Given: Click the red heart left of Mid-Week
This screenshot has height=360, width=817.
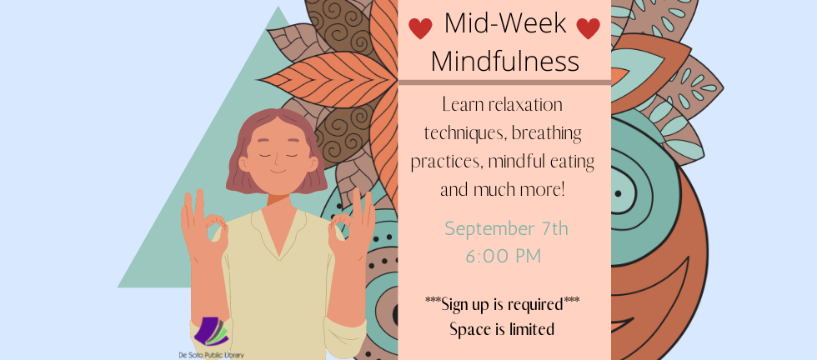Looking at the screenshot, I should pyautogui.click(x=420, y=29).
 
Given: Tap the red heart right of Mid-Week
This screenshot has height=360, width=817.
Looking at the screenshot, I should pyautogui.click(x=588, y=29).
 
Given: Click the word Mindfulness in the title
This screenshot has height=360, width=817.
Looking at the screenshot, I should pyautogui.click(x=504, y=61).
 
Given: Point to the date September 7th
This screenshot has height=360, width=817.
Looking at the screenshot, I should pyautogui.click(x=506, y=227).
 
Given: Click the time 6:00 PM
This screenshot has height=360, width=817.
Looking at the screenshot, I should pyautogui.click(x=503, y=256).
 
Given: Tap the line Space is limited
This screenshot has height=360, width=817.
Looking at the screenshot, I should pyautogui.click(x=502, y=329).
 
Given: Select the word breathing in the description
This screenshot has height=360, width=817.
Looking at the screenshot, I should pyautogui.click(x=547, y=132).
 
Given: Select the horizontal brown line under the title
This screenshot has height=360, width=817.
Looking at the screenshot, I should pyautogui.click(x=504, y=82).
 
